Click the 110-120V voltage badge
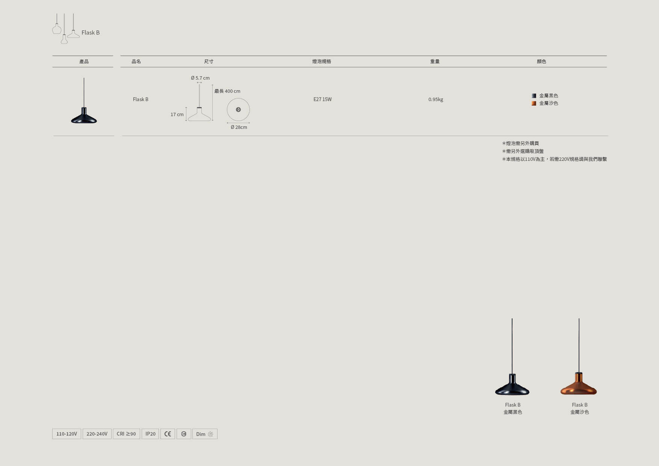pyautogui.click(x=67, y=434)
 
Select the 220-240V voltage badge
pyautogui.click(x=97, y=434)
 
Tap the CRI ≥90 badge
pyautogui.click(x=126, y=434)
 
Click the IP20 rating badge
pyautogui.click(x=150, y=434)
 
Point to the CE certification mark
pyautogui.click(x=168, y=434)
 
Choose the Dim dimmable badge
pyautogui.click(x=205, y=434)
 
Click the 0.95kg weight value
pyautogui.click(x=436, y=100)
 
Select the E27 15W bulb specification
pyautogui.click(x=322, y=100)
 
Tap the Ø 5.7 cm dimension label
pyautogui.click(x=200, y=78)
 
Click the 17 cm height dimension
pyautogui.click(x=177, y=115)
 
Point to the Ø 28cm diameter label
pyautogui.click(x=239, y=127)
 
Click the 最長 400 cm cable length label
pyautogui.click(x=227, y=91)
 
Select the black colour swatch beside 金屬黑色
pyautogui.click(x=534, y=96)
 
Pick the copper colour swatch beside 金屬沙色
pyautogui.click(x=534, y=103)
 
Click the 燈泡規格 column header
pyautogui.click(x=322, y=62)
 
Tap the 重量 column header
pyautogui.click(x=435, y=62)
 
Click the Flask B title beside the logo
pyautogui.click(x=91, y=33)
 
